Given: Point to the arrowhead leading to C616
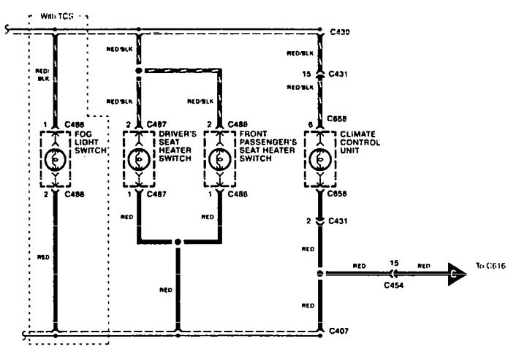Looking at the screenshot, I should pyautogui.click(x=458, y=275).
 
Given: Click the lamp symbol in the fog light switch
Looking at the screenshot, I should pyautogui.click(x=55, y=158).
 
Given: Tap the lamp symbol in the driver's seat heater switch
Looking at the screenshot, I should pyautogui.click(x=138, y=158).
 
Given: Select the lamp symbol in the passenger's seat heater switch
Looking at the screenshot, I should pyautogui.click(x=219, y=158).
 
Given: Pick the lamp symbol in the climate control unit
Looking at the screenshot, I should pyautogui.click(x=319, y=158).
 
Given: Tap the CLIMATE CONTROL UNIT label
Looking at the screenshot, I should pyautogui.click(x=360, y=142).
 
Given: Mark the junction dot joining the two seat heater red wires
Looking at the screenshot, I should pyautogui.click(x=178, y=241).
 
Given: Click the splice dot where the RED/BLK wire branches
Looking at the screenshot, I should pyautogui.click(x=138, y=71).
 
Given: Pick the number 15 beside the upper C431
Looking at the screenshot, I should pyautogui.click(x=307, y=74).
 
